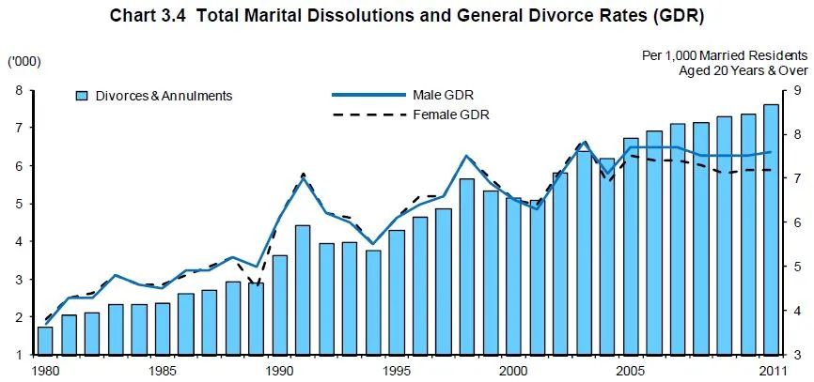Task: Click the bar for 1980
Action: pos(45,341)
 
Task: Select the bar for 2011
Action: pos(771,230)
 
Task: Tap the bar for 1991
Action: pos(303,290)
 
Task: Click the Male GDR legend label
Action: pos(443,95)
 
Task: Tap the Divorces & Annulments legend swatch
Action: pos(82,96)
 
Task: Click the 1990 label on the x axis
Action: pos(279,372)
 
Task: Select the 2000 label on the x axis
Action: pos(513,372)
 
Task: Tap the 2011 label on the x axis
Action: pos(771,372)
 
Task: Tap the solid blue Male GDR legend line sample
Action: pos(369,95)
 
